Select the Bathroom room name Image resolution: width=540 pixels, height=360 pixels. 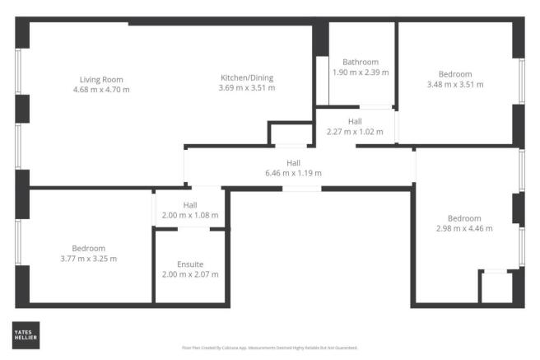(361, 63)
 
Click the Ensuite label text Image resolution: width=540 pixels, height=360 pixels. (190, 264)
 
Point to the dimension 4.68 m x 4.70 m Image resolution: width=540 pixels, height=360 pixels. (100, 89)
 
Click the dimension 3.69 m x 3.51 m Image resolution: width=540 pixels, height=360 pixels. (247, 87)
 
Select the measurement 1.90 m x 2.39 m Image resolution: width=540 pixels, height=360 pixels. (361, 72)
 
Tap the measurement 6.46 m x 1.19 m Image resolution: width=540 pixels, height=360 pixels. (293, 173)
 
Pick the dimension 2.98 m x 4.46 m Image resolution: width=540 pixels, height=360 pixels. (464, 227)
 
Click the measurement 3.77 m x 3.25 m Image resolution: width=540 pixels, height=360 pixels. (89, 258)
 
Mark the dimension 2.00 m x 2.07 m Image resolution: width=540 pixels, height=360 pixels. (190, 274)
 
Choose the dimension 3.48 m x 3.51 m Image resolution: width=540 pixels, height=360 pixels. (455, 83)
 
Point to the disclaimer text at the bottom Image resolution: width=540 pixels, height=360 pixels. (269, 348)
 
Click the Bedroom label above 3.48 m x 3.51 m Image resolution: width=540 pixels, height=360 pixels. (455, 74)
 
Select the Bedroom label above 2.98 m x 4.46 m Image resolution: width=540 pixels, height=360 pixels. (464, 218)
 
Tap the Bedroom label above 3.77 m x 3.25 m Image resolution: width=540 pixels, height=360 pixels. (89, 249)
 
